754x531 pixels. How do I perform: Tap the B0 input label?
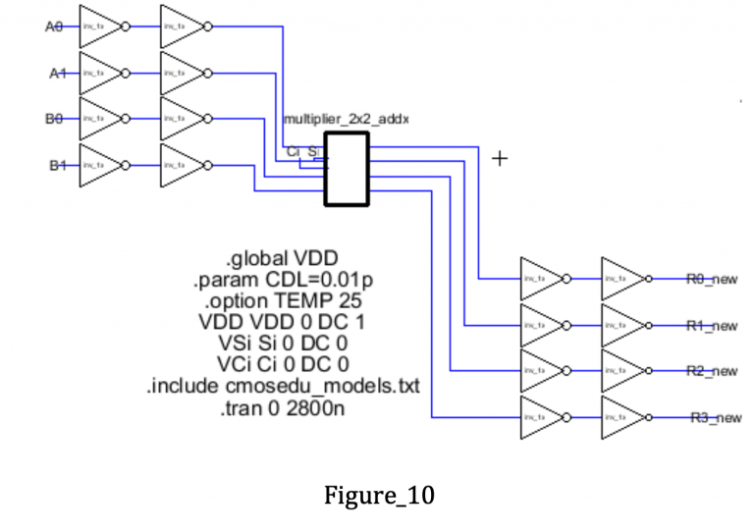point(54,118)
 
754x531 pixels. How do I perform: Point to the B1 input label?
point(54,164)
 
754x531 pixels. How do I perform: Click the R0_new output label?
point(713,279)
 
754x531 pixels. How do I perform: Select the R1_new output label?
point(713,325)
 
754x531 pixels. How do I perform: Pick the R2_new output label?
point(713,371)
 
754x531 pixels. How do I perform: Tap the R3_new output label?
point(713,417)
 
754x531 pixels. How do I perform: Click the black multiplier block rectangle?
point(347,170)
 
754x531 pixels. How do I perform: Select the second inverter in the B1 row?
point(187,164)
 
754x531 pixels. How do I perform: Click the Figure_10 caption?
point(378,496)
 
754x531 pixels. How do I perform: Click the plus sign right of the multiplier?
point(501,157)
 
